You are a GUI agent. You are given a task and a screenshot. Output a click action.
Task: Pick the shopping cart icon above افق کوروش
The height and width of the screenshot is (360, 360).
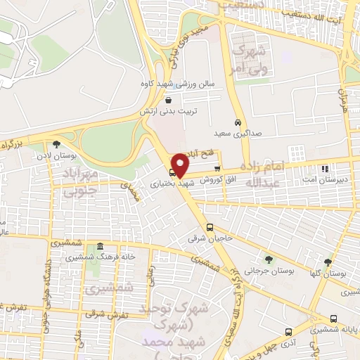(x=217, y=169)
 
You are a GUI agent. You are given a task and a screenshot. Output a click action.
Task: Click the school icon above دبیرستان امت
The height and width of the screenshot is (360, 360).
(x=324, y=169)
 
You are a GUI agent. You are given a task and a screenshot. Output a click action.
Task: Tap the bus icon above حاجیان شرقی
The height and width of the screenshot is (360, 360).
(x=210, y=226)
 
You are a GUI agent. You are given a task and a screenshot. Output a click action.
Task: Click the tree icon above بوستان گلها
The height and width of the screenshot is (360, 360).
(x=328, y=262)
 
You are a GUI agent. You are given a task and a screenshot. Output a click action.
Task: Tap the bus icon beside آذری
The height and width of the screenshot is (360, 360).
(x=288, y=331)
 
